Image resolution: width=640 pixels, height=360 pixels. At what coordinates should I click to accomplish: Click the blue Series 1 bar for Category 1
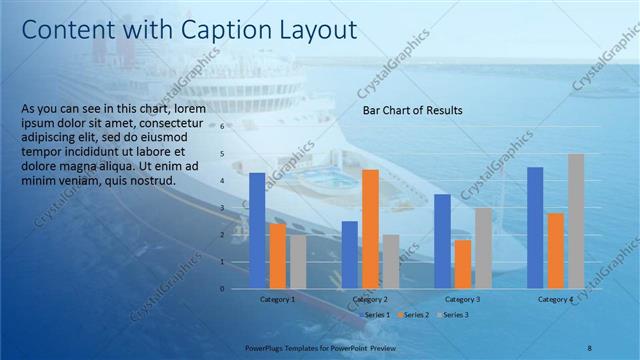click(x=257, y=230)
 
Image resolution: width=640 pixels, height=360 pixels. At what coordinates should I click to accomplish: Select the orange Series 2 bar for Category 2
click(x=370, y=228)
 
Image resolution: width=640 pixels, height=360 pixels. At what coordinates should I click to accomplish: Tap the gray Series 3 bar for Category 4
click(x=576, y=220)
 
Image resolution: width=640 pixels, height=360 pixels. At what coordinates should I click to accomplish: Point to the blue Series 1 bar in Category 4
click(x=535, y=227)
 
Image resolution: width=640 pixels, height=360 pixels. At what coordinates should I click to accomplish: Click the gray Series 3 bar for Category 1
click(x=298, y=262)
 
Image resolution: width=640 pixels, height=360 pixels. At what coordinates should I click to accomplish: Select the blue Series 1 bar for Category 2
click(x=349, y=254)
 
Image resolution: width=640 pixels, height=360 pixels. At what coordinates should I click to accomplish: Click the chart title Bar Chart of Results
click(x=412, y=111)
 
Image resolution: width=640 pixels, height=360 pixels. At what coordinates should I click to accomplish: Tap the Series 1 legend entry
click(x=375, y=315)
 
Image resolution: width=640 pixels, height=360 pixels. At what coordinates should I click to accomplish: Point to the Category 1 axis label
click(x=277, y=299)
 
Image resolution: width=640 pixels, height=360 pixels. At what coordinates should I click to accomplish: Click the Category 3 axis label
click(x=462, y=299)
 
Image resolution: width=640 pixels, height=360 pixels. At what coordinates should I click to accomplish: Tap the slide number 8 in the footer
click(x=589, y=347)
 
